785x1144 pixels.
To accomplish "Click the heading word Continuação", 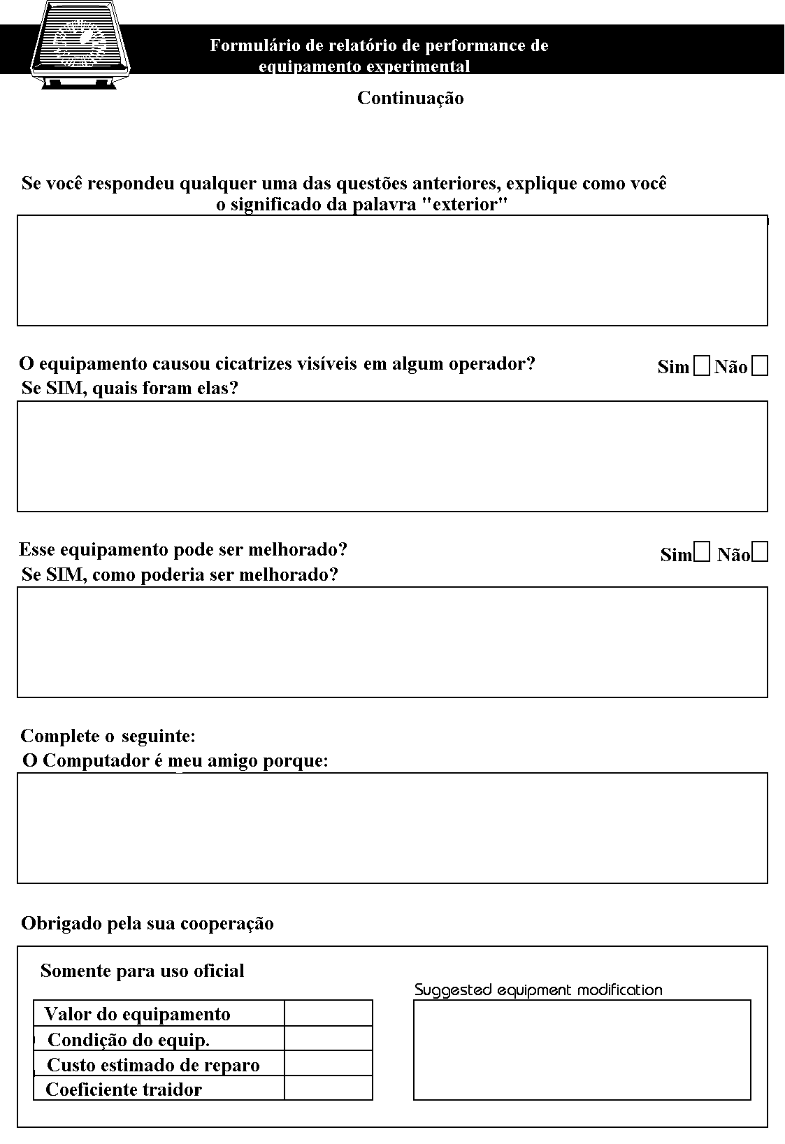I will click(x=410, y=98).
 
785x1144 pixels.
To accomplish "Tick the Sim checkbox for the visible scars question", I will click(x=701, y=366).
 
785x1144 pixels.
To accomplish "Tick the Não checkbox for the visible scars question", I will click(x=760, y=366).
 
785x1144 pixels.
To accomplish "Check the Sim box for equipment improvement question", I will click(x=703, y=553).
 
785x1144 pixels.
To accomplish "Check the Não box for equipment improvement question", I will click(x=761, y=553).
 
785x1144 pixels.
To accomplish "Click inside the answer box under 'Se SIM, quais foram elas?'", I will click(x=392, y=456).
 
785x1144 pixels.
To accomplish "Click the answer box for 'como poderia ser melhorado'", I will click(x=392, y=642).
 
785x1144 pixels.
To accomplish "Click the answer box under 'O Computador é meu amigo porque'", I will click(x=392, y=827).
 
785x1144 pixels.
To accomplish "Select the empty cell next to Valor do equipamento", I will click(x=328, y=1013).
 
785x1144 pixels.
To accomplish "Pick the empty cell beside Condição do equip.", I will click(x=328, y=1038).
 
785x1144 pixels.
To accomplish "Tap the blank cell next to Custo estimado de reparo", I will click(x=328, y=1063).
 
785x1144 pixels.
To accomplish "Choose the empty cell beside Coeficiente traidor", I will click(x=328, y=1087).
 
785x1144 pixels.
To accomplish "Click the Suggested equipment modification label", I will click(x=538, y=990).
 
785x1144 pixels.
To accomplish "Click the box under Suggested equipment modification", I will click(x=582, y=1050).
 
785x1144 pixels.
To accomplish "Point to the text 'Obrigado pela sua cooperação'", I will click(x=147, y=923).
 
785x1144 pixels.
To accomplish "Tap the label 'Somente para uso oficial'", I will click(x=143, y=971).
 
